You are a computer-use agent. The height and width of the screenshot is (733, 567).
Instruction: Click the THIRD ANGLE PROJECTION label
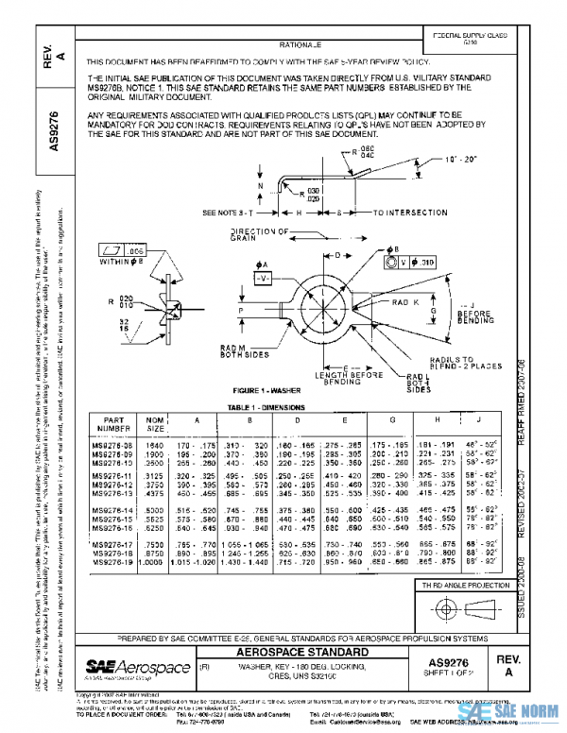pos(465,588)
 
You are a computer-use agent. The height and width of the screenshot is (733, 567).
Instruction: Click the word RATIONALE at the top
pos(301,44)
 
